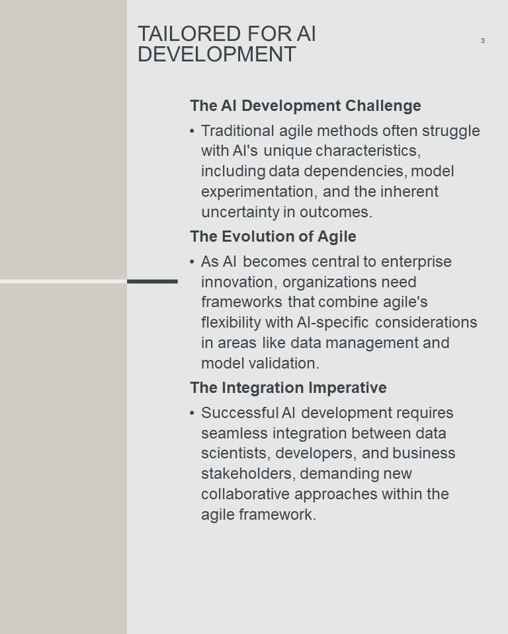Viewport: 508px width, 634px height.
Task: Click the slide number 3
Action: [482, 40]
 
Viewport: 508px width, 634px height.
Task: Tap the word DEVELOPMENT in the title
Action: [217, 54]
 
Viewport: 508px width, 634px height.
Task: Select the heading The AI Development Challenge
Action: [306, 106]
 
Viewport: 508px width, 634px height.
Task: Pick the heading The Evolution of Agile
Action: [273, 236]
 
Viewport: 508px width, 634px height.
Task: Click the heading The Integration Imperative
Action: [288, 388]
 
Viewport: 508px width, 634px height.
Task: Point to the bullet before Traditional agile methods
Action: [192, 131]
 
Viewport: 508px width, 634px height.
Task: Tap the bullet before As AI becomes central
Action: [192, 262]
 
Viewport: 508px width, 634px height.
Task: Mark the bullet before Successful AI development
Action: [192, 413]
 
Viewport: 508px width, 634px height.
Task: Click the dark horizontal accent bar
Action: [152, 281]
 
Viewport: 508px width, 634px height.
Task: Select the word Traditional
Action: [238, 131]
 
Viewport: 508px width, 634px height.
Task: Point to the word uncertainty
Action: [241, 212]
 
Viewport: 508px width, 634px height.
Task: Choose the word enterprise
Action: [416, 262]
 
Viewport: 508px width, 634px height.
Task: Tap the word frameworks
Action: [241, 302]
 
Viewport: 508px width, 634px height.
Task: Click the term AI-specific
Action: [333, 322]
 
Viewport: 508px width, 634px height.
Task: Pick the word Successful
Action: [240, 413]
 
